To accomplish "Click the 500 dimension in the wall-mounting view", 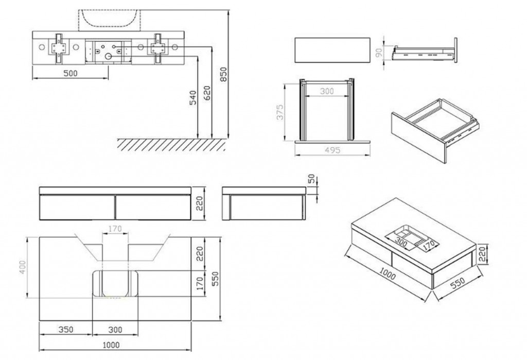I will point(71,73).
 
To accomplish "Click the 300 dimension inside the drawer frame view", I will point(326,91).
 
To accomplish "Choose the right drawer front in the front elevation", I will point(152,207).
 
